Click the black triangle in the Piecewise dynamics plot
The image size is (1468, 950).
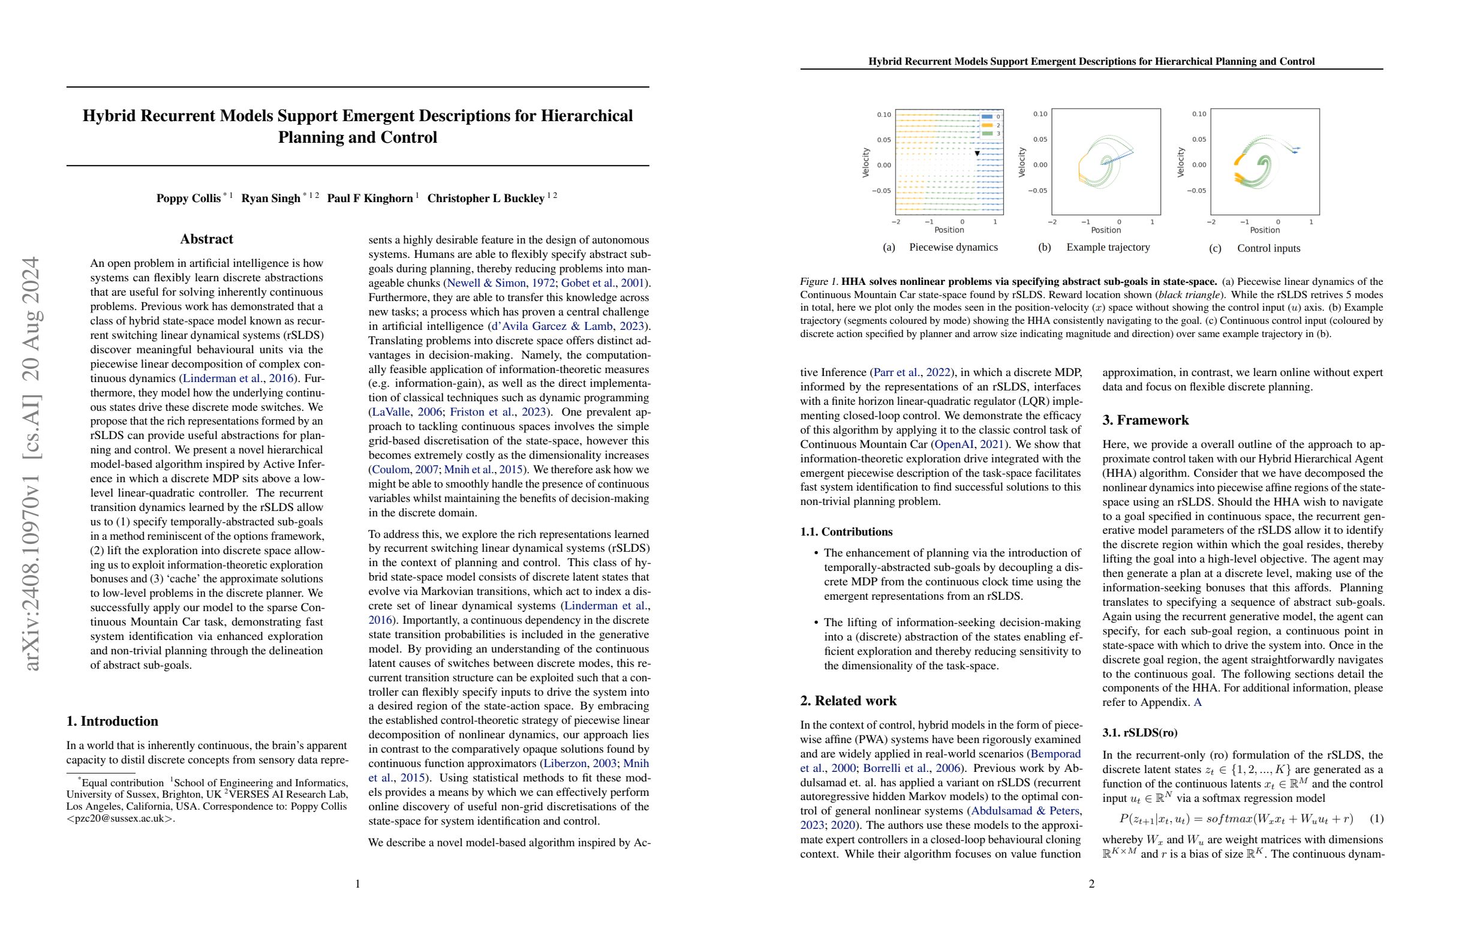pyautogui.click(x=977, y=153)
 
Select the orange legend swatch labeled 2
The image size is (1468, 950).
pyautogui.click(x=987, y=125)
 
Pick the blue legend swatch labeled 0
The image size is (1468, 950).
pyautogui.click(x=987, y=116)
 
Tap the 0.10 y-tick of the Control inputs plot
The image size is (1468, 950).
pyautogui.click(x=1199, y=114)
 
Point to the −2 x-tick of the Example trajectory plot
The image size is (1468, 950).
pyautogui.click(x=1052, y=222)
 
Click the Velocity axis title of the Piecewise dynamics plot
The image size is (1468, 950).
pyautogui.click(x=865, y=163)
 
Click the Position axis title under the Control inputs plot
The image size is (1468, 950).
pyautogui.click(x=1265, y=230)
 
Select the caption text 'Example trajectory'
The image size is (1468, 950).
pyautogui.click(x=1108, y=247)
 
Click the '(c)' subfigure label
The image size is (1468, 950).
pyautogui.click(x=1214, y=249)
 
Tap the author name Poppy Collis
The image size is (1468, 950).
pyautogui.click(x=188, y=199)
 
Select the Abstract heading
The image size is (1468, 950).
pyautogui.click(x=206, y=239)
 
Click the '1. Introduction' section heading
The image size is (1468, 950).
pyautogui.click(x=112, y=721)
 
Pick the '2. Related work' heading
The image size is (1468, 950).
pyautogui.click(x=848, y=701)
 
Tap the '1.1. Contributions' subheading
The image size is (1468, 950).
pyautogui.click(x=846, y=532)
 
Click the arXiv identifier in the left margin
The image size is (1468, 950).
pyautogui.click(x=31, y=462)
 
